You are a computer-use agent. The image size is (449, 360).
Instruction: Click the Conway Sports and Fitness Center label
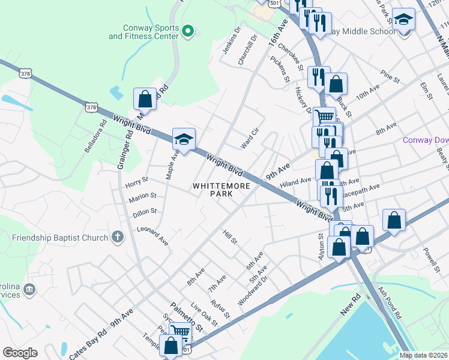point(143,32)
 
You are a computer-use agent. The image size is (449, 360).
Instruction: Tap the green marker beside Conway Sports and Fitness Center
point(188,29)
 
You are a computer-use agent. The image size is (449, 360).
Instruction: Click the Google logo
point(20,353)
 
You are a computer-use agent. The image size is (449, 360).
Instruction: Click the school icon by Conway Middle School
point(404,21)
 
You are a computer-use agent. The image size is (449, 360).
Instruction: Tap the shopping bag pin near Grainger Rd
point(145,98)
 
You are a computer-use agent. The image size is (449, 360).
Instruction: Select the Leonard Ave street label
point(153,236)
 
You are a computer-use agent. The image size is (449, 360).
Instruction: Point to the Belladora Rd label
point(95,136)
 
